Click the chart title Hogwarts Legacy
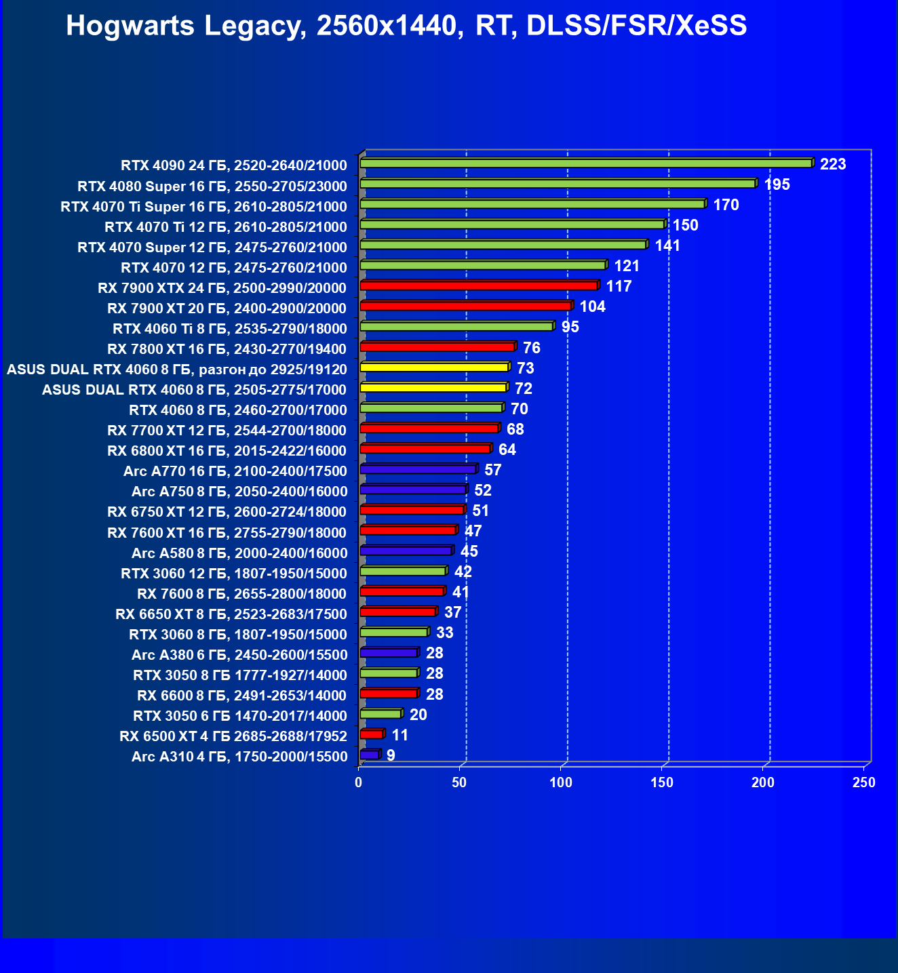[x=406, y=26]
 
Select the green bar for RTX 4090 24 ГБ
[x=586, y=163]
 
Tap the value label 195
[x=777, y=184]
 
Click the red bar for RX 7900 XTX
[x=479, y=285]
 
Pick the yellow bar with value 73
[x=434, y=367]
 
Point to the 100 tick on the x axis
[x=561, y=782]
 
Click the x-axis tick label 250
[x=863, y=782]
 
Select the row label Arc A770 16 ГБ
[x=235, y=471]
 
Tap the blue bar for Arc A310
[x=370, y=755]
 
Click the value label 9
[x=391, y=755]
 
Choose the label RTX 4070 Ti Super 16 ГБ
[x=203, y=207]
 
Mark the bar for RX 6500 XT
[x=372, y=734]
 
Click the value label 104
[x=592, y=306]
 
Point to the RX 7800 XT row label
[x=227, y=349]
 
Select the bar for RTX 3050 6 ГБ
[x=380, y=714]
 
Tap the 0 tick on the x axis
[x=359, y=782]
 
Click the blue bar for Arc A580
[x=406, y=551]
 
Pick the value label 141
[x=667, y=245]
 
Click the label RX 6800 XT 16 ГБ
[x=227, y=451]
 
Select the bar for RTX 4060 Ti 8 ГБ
[x=456, y=327]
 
